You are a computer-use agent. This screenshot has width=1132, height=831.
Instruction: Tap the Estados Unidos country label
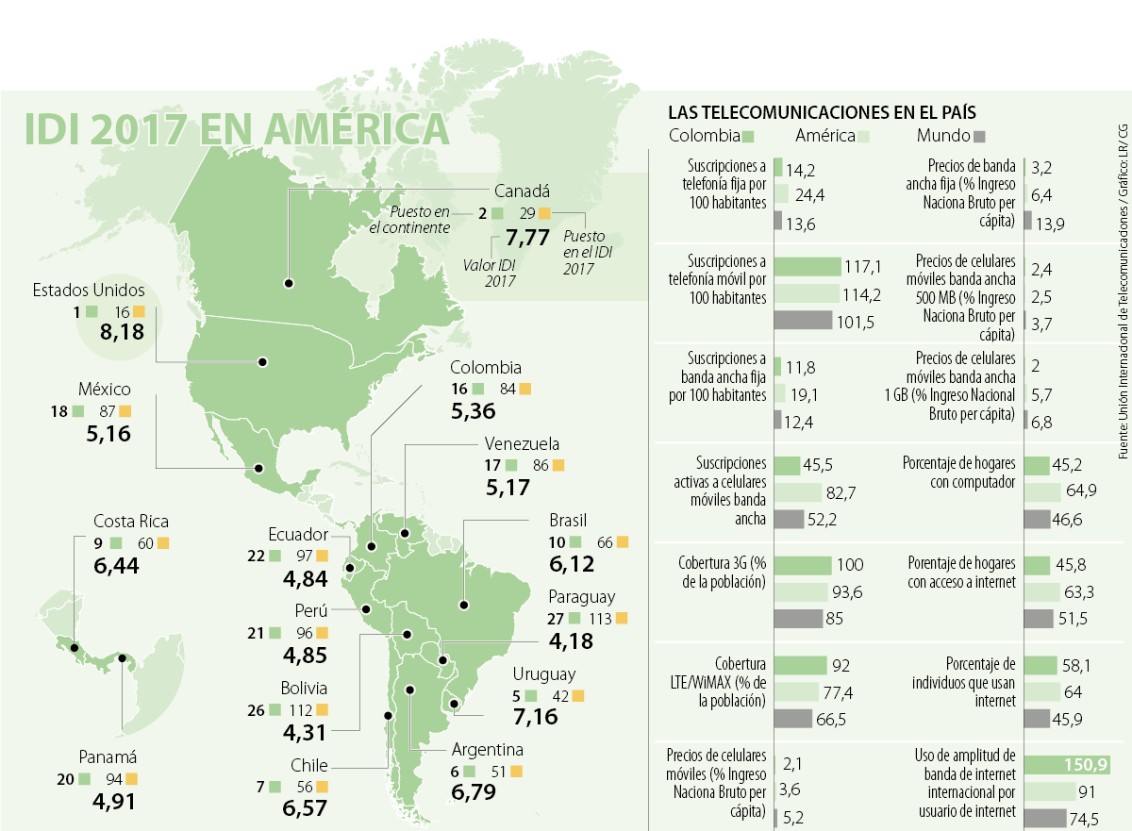click(88, 290)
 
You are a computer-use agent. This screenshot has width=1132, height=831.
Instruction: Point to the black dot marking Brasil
click(463, 605)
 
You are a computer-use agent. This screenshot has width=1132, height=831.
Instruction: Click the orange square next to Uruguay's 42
click(578, 695)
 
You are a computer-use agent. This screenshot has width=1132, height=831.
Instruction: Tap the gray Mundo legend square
click(979, 135)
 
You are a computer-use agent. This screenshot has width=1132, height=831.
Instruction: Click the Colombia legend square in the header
click(748, 135)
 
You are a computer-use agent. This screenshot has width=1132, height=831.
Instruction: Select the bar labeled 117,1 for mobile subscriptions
click(807, 267)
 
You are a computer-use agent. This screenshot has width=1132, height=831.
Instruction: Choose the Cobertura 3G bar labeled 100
click(802, 565)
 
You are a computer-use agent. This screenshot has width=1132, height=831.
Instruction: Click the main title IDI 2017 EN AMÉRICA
click(236, 129)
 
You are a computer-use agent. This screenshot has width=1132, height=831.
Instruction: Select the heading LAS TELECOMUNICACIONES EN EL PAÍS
click(821, 110)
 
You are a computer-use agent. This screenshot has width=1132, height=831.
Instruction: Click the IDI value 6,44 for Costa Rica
click(122, 566)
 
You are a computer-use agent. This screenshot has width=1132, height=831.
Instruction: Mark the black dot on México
click(258, 467)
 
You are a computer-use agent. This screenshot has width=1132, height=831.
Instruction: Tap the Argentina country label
click(488, 750)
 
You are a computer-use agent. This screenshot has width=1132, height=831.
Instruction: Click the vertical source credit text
click(1123, 292)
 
